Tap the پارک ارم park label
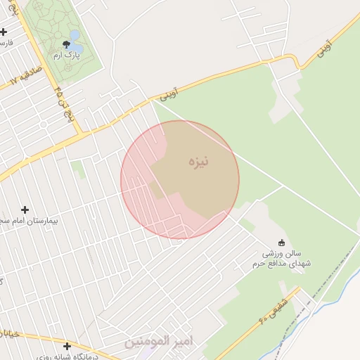coord(68,55)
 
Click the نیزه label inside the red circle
coord(198,162)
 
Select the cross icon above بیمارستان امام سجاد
coord(25,210)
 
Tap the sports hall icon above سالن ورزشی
coord(282,243)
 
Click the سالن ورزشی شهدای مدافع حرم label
coord(281,258)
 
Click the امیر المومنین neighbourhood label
coord(158,341)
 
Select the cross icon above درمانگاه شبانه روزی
coord(67,346)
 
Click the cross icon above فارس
coord(4,32)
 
